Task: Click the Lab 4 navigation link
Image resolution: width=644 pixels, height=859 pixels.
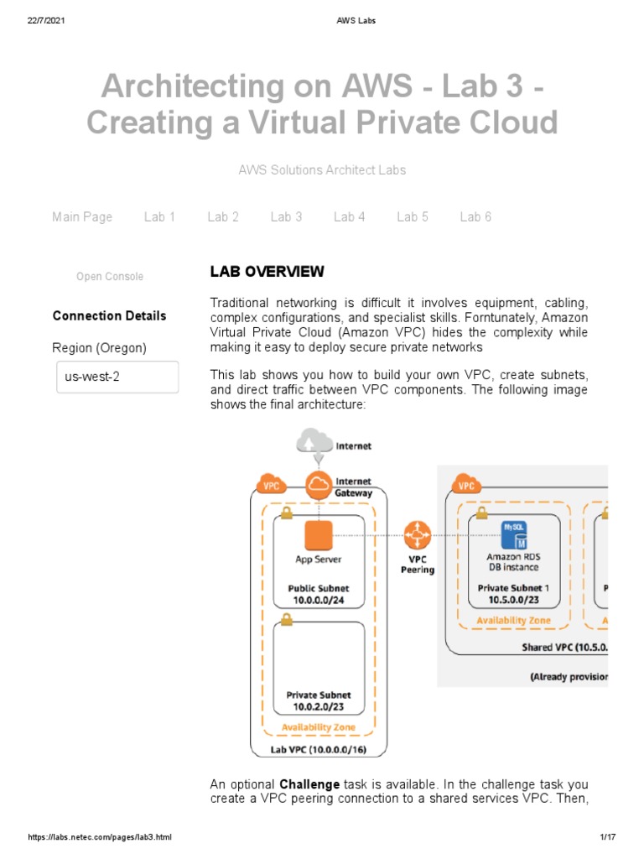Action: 349,216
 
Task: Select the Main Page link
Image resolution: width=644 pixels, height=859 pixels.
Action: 81,216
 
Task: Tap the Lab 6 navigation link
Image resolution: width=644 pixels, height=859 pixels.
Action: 475,216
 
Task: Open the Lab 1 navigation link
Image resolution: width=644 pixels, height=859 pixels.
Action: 159,216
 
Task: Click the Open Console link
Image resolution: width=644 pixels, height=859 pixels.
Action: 110,276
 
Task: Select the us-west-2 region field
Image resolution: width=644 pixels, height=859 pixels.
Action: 117,377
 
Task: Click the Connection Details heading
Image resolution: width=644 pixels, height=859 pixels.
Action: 109,315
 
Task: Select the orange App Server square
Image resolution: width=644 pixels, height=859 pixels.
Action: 319,534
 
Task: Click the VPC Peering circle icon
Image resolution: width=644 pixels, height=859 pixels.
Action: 417,534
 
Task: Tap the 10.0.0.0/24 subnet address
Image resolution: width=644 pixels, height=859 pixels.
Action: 319,601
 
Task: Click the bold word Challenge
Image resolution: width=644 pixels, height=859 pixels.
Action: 309,784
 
